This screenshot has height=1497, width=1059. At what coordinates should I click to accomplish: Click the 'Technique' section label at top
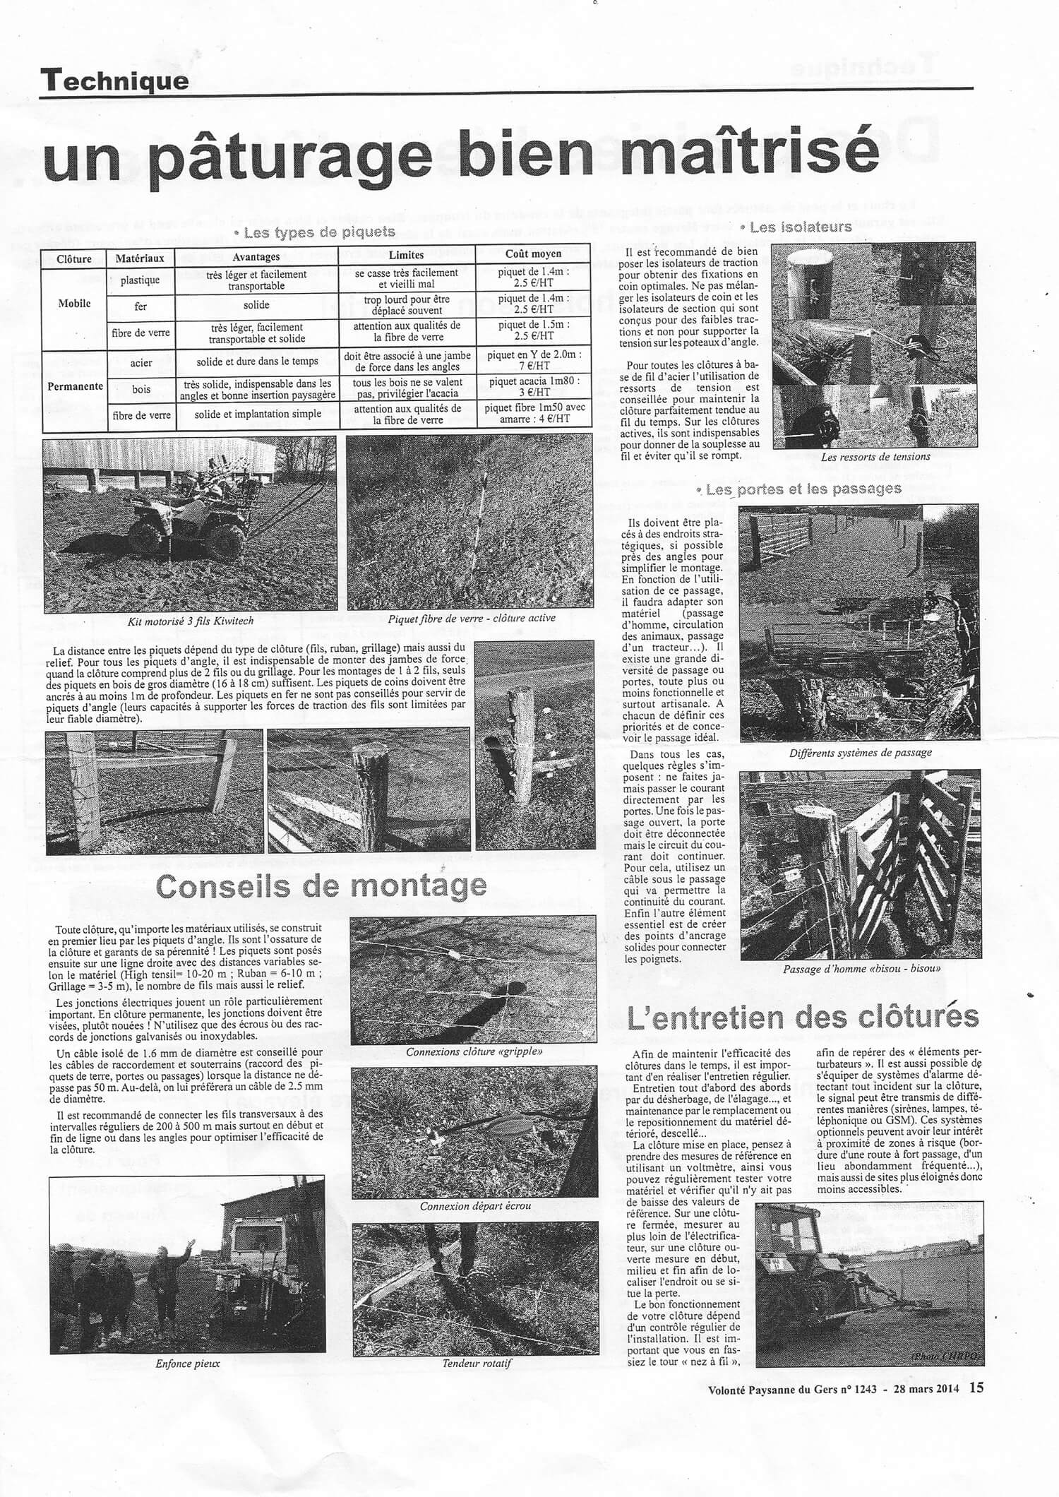click(114, 80)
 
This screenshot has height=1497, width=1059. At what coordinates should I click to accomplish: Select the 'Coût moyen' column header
click(533, 254)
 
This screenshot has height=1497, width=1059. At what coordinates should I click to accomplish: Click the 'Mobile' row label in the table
click(74, 303)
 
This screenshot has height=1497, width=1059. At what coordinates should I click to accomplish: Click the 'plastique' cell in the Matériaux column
click(140, 280)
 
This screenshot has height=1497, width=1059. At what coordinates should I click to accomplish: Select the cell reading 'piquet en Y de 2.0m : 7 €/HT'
click(534, 361)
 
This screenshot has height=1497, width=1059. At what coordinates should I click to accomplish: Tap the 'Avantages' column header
click(256, 256)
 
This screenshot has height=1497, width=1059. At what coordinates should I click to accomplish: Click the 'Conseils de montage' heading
click(321, 885)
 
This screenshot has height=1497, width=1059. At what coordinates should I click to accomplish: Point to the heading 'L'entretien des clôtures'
click(803, 1016)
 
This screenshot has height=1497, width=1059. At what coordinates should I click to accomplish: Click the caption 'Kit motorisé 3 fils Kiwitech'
click(181, 622)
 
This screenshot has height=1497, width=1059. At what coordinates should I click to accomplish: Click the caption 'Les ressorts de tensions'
click(875, 456)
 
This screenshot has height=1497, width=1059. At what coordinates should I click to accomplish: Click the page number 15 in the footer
click(975, 1462)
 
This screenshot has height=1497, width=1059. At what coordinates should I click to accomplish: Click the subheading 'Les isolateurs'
click(801, 227)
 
